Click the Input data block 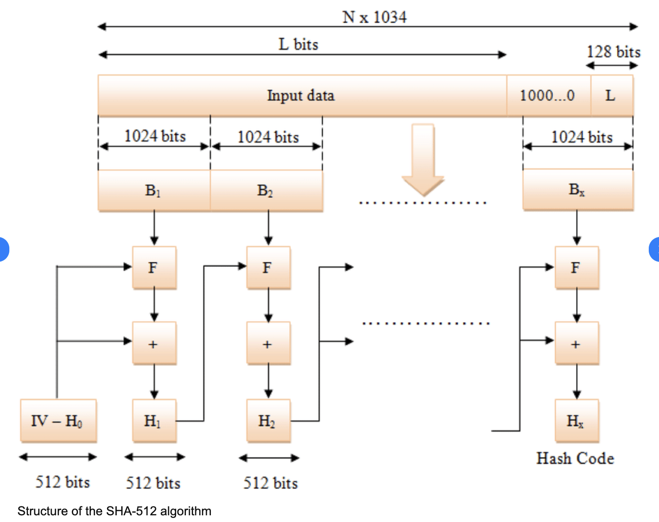301,95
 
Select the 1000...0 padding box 548,95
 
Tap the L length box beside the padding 611,95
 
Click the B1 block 153,190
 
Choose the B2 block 266,190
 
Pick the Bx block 577,189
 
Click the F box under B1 154,268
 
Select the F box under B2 268,268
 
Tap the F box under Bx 577,268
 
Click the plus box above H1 154,344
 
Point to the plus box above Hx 577,344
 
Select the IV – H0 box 58,420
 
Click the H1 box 154,420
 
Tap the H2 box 268,420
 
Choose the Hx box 577,420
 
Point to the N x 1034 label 375,17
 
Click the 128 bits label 614,52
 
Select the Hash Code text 575,458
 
